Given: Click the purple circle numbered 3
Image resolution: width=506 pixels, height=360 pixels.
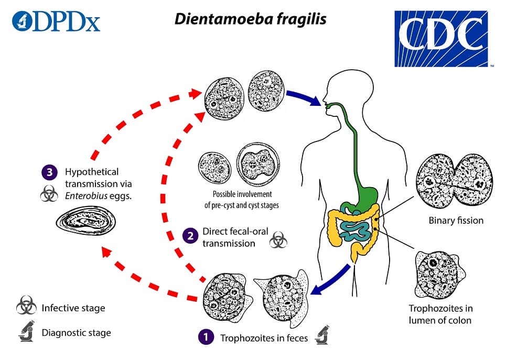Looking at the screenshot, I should [49, 172].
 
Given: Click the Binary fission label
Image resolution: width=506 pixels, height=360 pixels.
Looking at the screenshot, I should [455, 220].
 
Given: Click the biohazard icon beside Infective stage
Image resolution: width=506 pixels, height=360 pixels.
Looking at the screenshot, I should [25, 308].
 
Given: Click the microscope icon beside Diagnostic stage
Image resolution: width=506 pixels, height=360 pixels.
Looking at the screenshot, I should [25, 332].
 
